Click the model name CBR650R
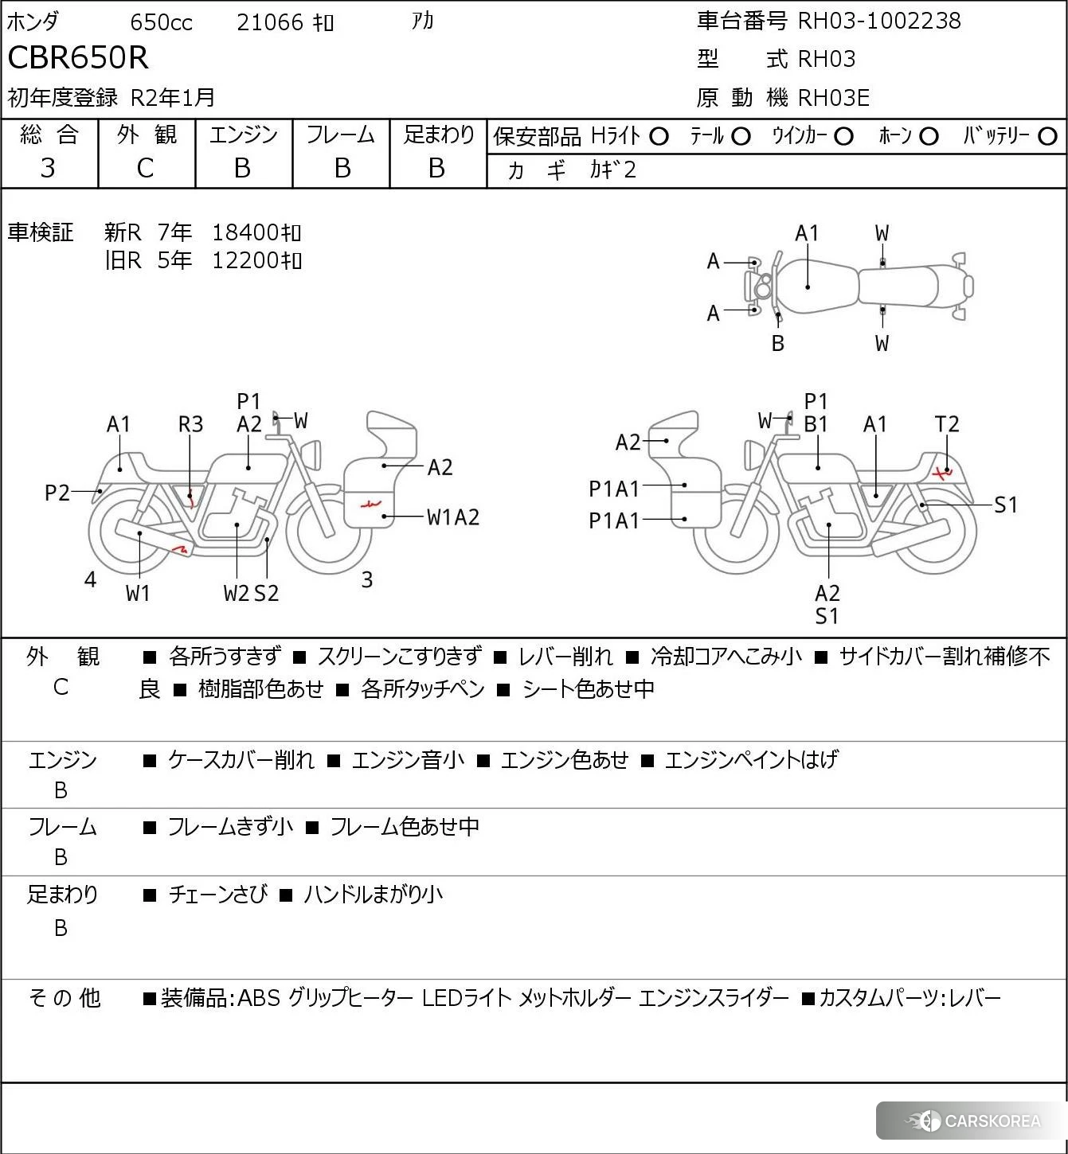coord(77,57)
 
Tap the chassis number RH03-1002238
coord(878,21)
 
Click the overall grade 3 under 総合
coord(48,168)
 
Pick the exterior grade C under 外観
coord(145,168)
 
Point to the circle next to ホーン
coord(928,137)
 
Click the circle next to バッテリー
coord(1047,137)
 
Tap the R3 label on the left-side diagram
coord(190,424)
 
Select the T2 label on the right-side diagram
coord(946,424)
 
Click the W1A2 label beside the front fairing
coord(452,517)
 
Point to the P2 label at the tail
coord(57,493)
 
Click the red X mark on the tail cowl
coord(942,474)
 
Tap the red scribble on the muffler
coord(181,548)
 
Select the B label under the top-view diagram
coord(778,343)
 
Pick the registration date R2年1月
coord(173,97)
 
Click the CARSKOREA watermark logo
coord(973,1121)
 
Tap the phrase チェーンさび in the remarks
coord(217,895)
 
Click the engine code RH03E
coord(833,97)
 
